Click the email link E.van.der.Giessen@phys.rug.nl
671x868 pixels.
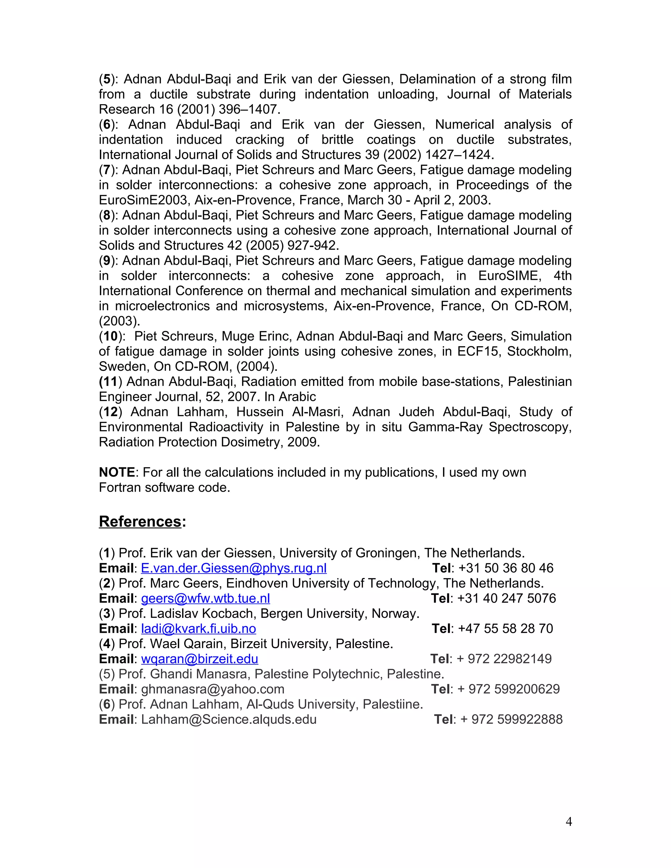[234, 568]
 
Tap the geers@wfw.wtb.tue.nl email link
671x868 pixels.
[205, 598]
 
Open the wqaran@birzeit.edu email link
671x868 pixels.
[200, 659]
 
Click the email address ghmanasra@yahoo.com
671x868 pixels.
[213, 689]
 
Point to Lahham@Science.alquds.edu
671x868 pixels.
[229, 719]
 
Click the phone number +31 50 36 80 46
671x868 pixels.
[506, 568]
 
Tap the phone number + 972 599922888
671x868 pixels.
[511, 719]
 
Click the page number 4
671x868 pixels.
[568, 821]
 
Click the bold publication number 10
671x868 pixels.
[110, 336]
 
